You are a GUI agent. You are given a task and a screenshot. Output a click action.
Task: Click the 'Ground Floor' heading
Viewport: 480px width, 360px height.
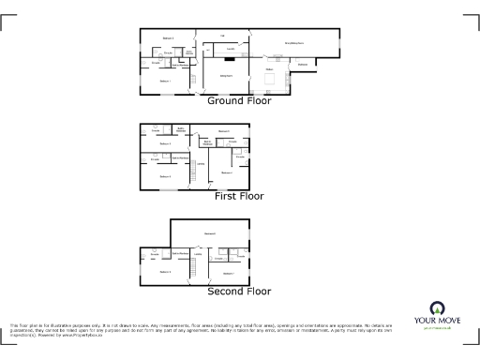pyautogui.click(x=239, y=100)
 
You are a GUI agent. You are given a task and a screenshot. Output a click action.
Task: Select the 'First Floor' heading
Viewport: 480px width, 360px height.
pyautogui.click(x=239, y=197)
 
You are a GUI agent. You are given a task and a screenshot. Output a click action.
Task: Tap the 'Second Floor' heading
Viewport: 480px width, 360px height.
pyautogui.click(x=239, y=292)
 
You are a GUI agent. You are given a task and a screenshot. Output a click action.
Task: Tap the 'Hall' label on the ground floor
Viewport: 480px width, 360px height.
pyautogui.click(x=223, y=37)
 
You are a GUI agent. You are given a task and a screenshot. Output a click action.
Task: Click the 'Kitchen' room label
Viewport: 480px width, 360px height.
pyautogui.click(x=269, y=69)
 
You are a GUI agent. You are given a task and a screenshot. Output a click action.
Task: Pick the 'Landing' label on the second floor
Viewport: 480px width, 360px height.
pyautogui.click(x=212, y=253)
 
